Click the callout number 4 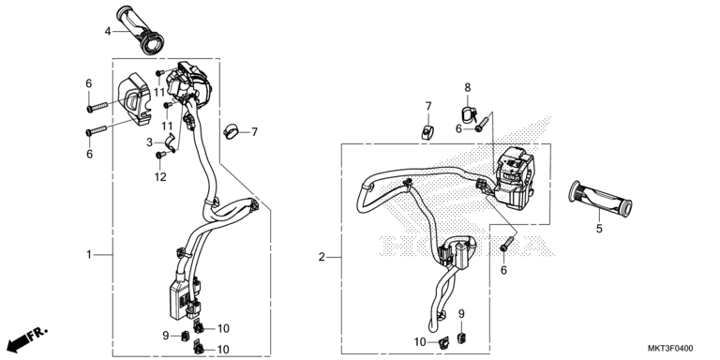(108, 31)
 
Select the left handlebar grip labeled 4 (142, 30)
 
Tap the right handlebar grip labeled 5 (600, 199)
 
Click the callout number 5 (599, 228)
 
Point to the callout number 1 (90, 254)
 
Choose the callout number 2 (322, 257)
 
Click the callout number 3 (150, 142)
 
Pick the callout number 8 (468, 87)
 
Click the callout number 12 (160, 177)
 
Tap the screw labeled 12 (160, 156)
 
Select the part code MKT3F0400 (670, 349)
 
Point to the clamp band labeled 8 (468, 114)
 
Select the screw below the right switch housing (507, 243)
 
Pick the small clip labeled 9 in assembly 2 (461, 337)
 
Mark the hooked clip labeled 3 (170, 142)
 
